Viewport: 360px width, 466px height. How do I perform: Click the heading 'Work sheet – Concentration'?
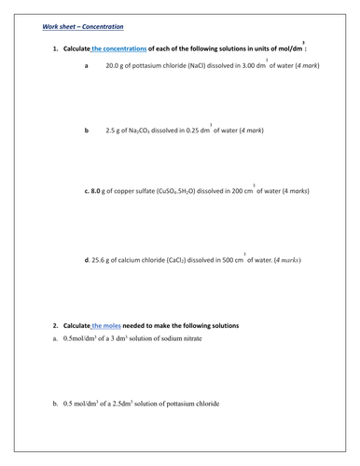[x=82, y=27]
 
